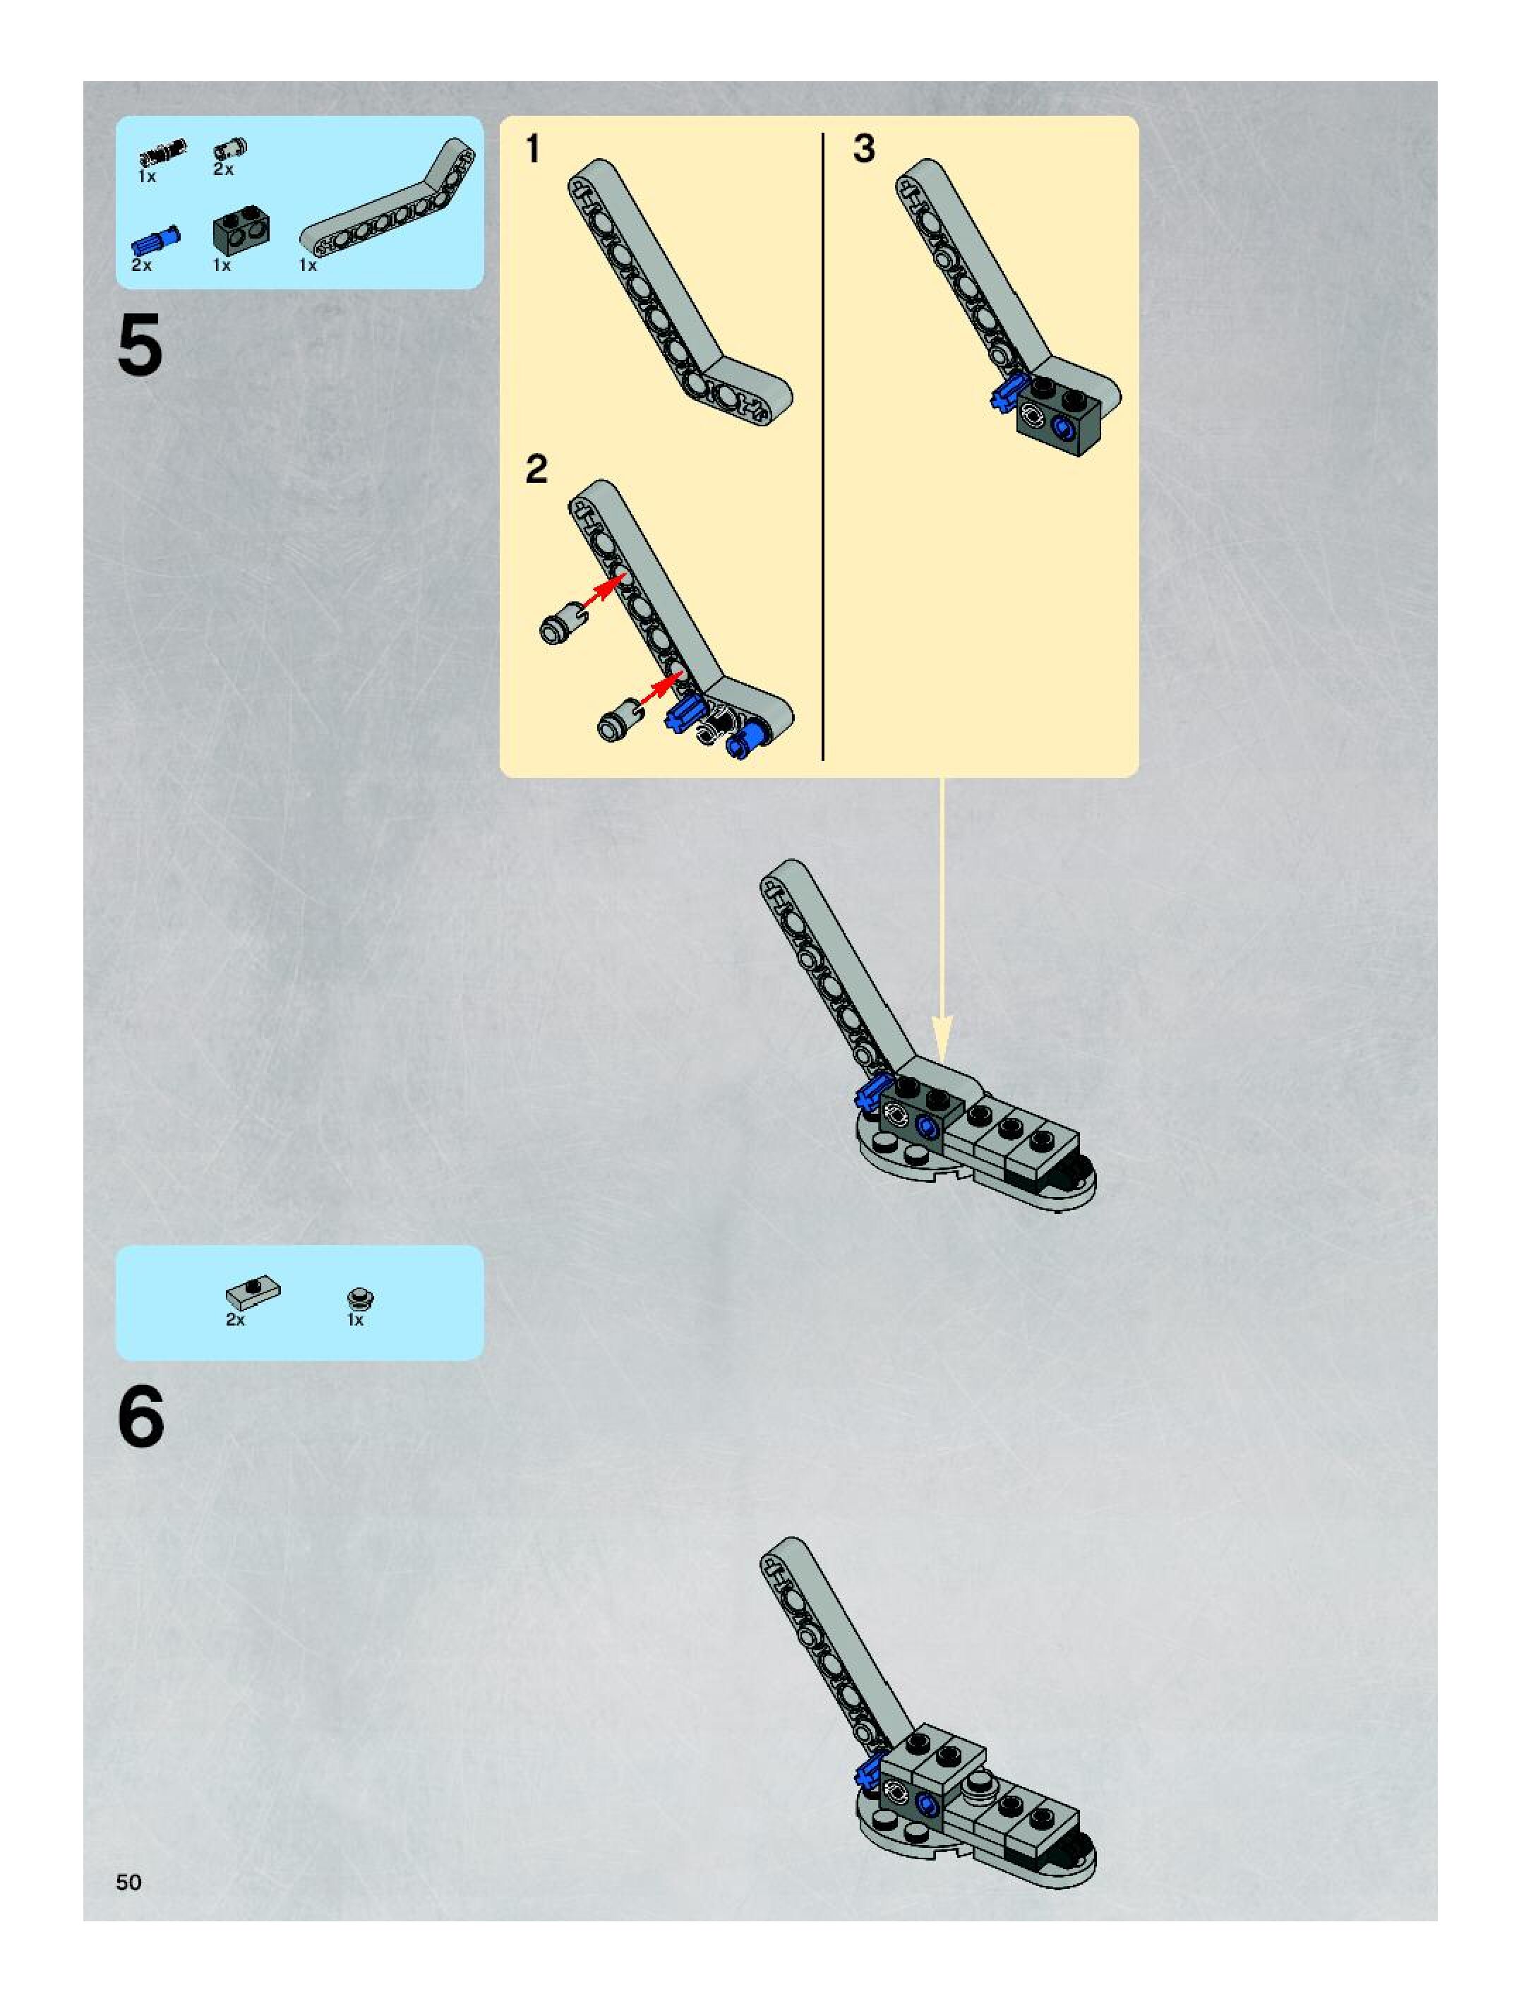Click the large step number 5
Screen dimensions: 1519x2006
[x=140, y=346]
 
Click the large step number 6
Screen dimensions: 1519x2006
[x=140, y=1417]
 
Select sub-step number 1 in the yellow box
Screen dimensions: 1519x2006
[x=533, y=150]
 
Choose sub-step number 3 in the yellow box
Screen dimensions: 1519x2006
[x=864, y=150]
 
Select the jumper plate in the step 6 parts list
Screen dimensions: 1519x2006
[x=253, y=1290]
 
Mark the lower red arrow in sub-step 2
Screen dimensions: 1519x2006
[x=660, y=687]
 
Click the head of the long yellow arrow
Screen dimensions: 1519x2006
[x=942, y=1039]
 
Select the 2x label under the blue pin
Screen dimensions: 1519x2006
[x=141, y=265]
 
